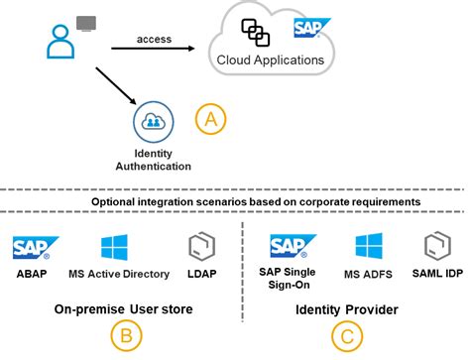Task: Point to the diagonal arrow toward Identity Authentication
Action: pos(114,86)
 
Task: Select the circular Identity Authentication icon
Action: pos(153,121)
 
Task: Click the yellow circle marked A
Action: pos(209,119)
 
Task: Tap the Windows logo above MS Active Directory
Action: pos(114,247)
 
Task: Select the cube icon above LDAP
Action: pos(197,247)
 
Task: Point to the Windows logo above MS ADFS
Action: pos(369,246)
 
